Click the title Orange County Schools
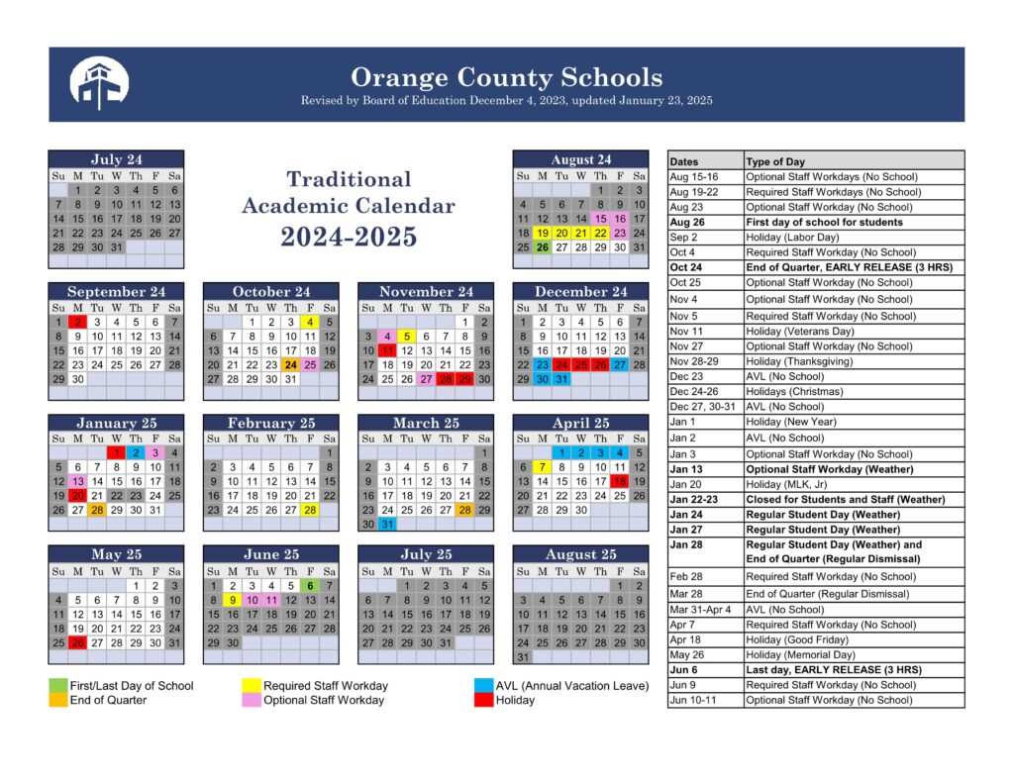point(506,77)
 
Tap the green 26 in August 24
point(541,247)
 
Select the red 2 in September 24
point(77,322)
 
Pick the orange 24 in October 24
point(290,364)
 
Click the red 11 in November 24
point(386,350)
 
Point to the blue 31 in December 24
point(560,379)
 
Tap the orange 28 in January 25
point(96,510)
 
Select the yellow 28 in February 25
point(310,510)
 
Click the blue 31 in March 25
point(386,525)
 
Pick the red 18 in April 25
point(620,481)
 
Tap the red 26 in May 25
point(77,641)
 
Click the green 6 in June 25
point(310,585)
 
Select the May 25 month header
point(116,554)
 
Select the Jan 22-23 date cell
point(704,500)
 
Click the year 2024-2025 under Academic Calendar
point(348,238)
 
